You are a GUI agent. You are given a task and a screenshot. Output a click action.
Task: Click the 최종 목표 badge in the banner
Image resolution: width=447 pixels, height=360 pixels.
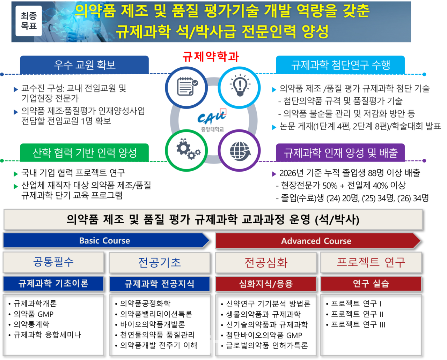tap(29, 21)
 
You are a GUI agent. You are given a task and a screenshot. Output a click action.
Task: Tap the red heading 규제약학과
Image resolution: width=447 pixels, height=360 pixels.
tap(211, 56)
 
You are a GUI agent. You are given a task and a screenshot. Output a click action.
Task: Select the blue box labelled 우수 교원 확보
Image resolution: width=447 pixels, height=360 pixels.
tap(84, 65)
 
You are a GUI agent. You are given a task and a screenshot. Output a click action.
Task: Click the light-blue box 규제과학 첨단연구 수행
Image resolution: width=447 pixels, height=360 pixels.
tap(340, 65)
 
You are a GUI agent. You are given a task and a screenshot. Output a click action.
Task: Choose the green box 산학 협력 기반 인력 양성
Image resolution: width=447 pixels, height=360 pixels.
tap(84, 153)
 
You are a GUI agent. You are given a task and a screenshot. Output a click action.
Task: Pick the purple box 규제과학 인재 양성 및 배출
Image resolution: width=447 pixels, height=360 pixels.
tap(340, 153)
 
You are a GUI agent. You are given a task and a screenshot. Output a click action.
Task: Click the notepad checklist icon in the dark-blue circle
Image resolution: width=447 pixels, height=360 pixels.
tap(186, 87)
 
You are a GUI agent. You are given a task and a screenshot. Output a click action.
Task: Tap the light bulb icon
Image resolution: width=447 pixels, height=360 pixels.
tap(240, 87)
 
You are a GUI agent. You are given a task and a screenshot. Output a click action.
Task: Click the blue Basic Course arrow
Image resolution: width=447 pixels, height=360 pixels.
tap(105, 241)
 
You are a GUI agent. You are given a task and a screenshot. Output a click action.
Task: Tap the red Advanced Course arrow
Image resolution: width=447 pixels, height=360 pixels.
tap(316, 241)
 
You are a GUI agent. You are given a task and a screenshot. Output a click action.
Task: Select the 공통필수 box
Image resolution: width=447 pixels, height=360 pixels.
tap(53, 262)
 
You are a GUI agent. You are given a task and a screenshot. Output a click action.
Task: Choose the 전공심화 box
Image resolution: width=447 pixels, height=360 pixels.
tap(266, 262)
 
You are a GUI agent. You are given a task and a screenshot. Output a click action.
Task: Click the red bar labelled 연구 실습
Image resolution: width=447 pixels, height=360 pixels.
tap(371, 284)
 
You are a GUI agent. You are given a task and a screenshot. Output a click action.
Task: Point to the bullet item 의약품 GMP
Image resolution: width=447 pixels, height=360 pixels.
tap(34, 314)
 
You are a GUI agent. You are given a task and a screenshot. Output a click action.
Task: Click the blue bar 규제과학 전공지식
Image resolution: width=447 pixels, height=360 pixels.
tap(160, 284)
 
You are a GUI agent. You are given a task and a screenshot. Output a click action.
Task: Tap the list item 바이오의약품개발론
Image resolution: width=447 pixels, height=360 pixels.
tap(152, 324)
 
